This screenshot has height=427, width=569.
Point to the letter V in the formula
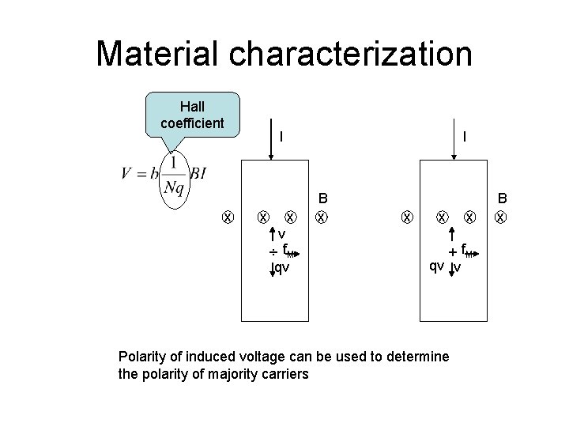pyautogui.click(x=126, y=174)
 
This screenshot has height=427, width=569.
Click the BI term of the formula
pyautogui.click(x=198, y=174)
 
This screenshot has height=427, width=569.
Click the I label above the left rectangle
pyautogui.click(x=281, y=136)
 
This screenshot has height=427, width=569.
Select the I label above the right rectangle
pyautogui.click(x=465, y=136)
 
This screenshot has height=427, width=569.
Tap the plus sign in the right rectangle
pyautogui.click(x=452, y=251)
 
